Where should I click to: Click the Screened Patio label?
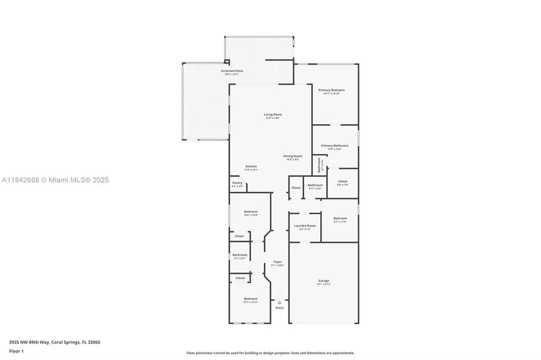232,71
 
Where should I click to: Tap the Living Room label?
273,115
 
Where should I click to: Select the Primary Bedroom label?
331,90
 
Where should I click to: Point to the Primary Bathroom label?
334,146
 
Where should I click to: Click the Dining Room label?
293,156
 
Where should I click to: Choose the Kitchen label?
251,167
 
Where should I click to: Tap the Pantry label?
237,183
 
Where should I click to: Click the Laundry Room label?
305,226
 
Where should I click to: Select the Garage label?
323,281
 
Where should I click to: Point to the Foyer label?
277,262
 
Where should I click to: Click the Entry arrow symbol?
279,302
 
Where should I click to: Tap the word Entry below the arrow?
279,308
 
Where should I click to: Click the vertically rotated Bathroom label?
319,166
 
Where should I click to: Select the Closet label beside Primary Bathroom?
342,182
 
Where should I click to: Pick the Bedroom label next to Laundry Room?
340,218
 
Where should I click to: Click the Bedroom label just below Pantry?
250,212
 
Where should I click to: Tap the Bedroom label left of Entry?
250,298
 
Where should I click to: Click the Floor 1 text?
16,351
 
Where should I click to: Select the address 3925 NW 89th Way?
29,342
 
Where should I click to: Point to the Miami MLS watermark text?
55,181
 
